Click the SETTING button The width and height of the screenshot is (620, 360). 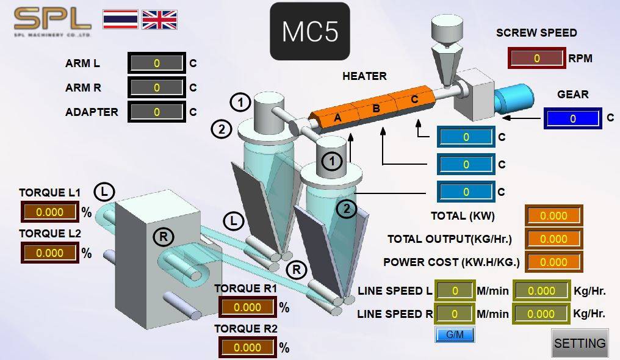(x=580, y=343)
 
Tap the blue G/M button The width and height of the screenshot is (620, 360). (x=455, y=335)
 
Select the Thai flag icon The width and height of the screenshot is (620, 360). (x=120, y=20)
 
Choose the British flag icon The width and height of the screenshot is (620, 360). (x=159, y=20)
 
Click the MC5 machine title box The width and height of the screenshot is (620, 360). (x=310, y=31)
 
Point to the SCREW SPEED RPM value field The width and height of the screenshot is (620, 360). (x=536, y=58)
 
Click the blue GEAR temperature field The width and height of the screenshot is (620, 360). (x=572, y=118)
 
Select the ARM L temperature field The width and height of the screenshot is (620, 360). (x=157, y=63)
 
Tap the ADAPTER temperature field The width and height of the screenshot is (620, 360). (x=157, y=112)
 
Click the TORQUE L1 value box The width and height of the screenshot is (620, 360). (x=50, y=212)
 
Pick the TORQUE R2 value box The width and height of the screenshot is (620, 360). (x=248, y=347)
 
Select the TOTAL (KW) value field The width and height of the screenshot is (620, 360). (x=553, y=216)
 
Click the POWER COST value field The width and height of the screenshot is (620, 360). (x=553, y=262)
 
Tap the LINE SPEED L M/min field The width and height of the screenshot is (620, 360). (x=455, y=291)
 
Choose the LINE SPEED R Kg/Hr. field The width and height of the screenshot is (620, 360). (x=541, y=314)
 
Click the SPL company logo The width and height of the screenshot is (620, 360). (x=52, y=22)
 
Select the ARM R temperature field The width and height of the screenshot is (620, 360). (x=157, y=88)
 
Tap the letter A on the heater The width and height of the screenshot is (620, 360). (x=337, y=117)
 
